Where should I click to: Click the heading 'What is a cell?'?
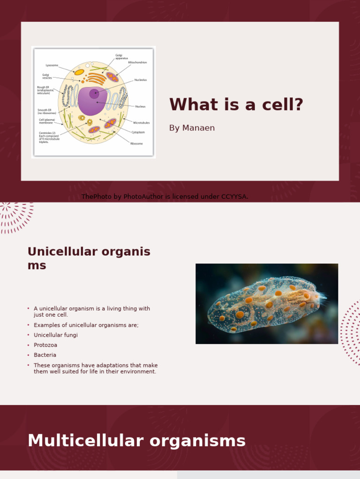tap(236, 105)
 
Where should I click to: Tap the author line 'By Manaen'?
tap(192, 128)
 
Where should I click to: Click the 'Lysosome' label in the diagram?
tap(52, 65)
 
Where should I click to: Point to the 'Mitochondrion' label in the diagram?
tap(137, 62)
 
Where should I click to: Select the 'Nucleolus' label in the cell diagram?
tap(141, 80)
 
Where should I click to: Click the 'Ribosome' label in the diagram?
tap(137, 144)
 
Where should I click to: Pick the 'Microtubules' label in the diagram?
tap(141, 123)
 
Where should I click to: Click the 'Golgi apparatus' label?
tap(122, 57)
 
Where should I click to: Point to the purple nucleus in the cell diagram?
tap(91, 101)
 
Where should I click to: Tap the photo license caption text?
tap(165, 197)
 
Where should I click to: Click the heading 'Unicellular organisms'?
tap(89, 258)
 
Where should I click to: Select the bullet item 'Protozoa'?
tap(46, 345)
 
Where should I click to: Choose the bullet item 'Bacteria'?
tap(45, 355)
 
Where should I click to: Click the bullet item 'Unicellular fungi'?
tap(56, 335)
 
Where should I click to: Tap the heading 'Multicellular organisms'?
tap(136, 441)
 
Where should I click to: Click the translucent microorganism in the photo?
tap(266, 305)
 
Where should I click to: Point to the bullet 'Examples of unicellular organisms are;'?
tap(86, 325)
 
